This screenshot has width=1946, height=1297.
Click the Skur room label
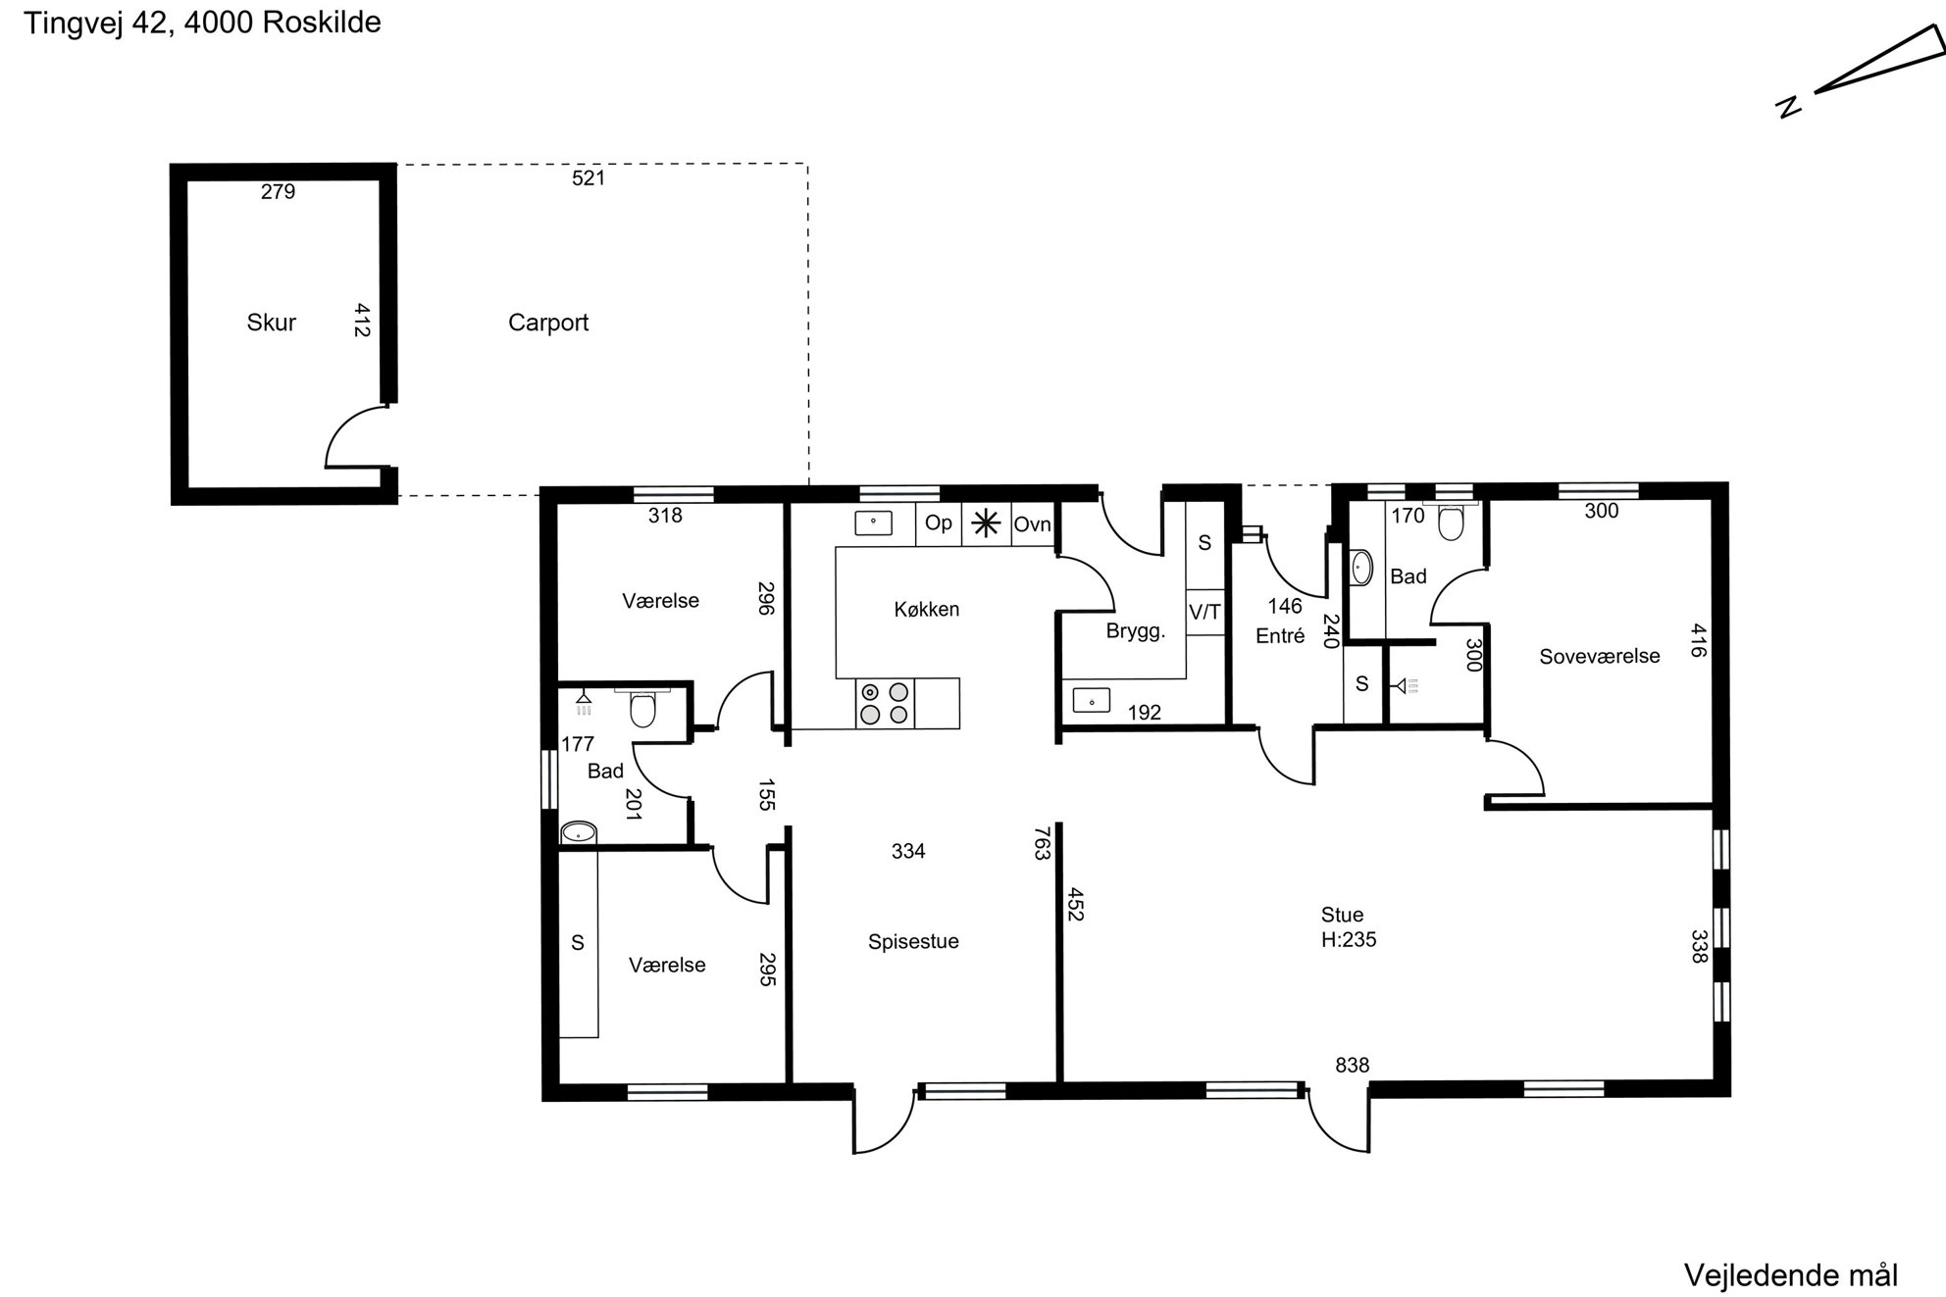[271, 323]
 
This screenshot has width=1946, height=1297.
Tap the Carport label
[548, 323]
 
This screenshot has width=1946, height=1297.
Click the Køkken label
[927, 609]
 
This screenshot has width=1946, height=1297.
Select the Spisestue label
[913, 941]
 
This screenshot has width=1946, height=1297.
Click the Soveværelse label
[1600, 657]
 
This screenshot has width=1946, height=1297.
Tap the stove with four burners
[884, 703]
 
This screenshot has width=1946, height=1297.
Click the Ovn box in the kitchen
[1032, 525]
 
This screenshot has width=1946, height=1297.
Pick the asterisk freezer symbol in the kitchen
[986, 525]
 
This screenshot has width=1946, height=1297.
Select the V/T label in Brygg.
[1205, 612]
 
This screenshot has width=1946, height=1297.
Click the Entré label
[1280, 636]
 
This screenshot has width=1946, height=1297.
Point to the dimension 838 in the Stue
[1353, 1065]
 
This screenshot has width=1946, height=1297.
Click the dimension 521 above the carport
[589, 177]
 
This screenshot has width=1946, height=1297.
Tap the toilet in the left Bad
[642, 708]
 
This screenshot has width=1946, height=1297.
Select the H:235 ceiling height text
[1349, 940]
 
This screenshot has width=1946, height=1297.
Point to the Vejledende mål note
[1791, 1275]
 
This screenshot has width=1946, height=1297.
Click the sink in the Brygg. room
[1091, 700]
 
